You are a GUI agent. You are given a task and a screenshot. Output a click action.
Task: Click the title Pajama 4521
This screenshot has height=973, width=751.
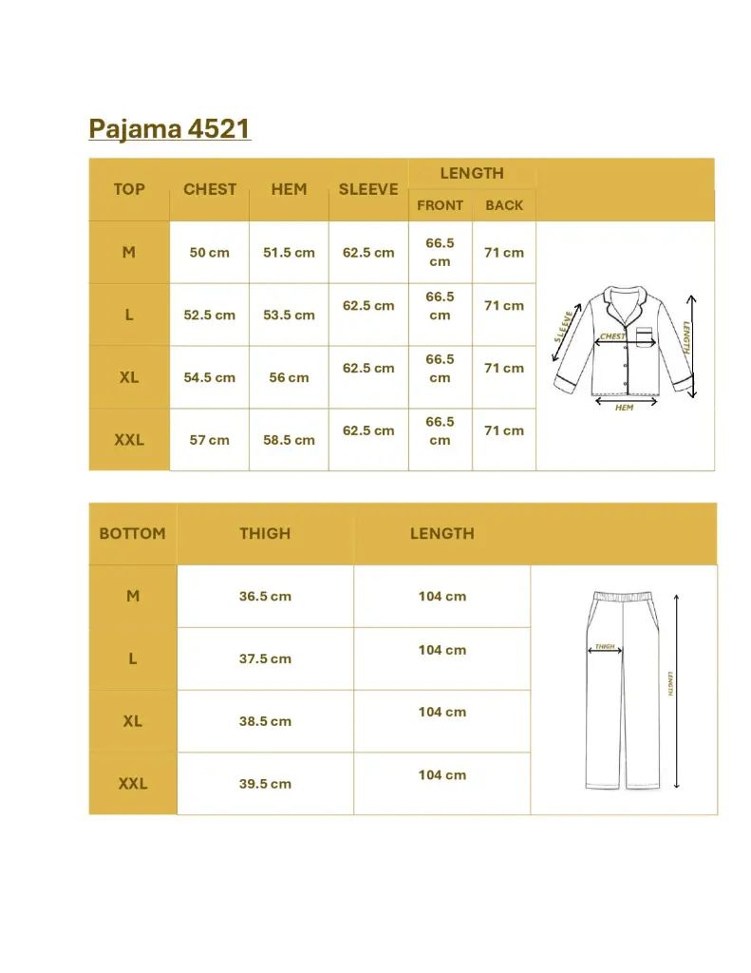(169, 128)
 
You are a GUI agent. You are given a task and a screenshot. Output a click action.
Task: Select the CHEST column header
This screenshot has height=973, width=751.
(210, 189)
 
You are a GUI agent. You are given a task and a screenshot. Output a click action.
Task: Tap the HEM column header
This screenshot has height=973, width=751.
(289, 189)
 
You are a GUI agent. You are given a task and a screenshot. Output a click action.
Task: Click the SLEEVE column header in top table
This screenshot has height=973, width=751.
(368, 189)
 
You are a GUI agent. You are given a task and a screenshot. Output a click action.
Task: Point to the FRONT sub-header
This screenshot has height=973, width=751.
(440, 205)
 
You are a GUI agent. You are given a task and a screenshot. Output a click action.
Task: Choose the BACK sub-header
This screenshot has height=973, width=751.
(504, 205)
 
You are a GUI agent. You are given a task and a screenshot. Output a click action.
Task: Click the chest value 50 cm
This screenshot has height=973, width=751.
(210, 253)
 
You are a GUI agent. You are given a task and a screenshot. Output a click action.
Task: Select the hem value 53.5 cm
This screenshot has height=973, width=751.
(289, 315)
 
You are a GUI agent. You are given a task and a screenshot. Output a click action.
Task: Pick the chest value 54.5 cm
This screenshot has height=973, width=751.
(210, 377)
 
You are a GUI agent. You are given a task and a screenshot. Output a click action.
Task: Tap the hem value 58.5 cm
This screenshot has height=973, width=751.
(289, 440)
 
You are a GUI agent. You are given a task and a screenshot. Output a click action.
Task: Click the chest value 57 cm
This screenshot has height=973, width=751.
(210, 440)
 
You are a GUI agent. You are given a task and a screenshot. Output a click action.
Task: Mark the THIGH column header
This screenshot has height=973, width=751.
(265, 534)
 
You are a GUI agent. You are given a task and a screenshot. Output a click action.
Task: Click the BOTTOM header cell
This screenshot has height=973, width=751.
(132, 534)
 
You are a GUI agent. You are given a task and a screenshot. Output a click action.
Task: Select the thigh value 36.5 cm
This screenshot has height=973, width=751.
(265, 597)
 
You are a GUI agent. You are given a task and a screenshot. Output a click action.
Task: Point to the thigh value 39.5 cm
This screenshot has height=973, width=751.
(265, 784)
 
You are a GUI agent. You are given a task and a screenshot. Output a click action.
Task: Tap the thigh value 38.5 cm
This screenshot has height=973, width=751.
(265, 721)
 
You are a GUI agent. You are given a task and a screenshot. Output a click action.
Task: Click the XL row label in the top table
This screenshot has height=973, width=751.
(129, 377)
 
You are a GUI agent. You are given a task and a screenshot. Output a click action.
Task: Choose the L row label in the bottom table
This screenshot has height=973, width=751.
(132, 658)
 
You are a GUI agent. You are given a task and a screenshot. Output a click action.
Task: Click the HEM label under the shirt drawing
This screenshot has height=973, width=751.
(624, 408)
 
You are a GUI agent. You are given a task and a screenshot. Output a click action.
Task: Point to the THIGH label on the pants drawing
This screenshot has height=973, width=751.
(605, 647)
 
